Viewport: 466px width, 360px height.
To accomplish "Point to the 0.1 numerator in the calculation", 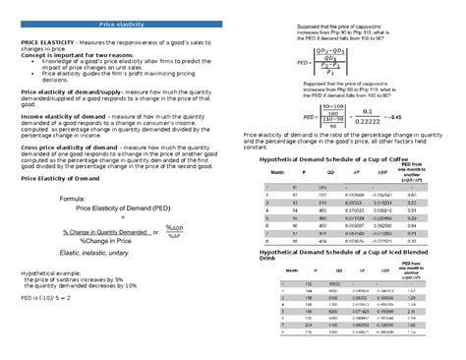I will tap(377, 110).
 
